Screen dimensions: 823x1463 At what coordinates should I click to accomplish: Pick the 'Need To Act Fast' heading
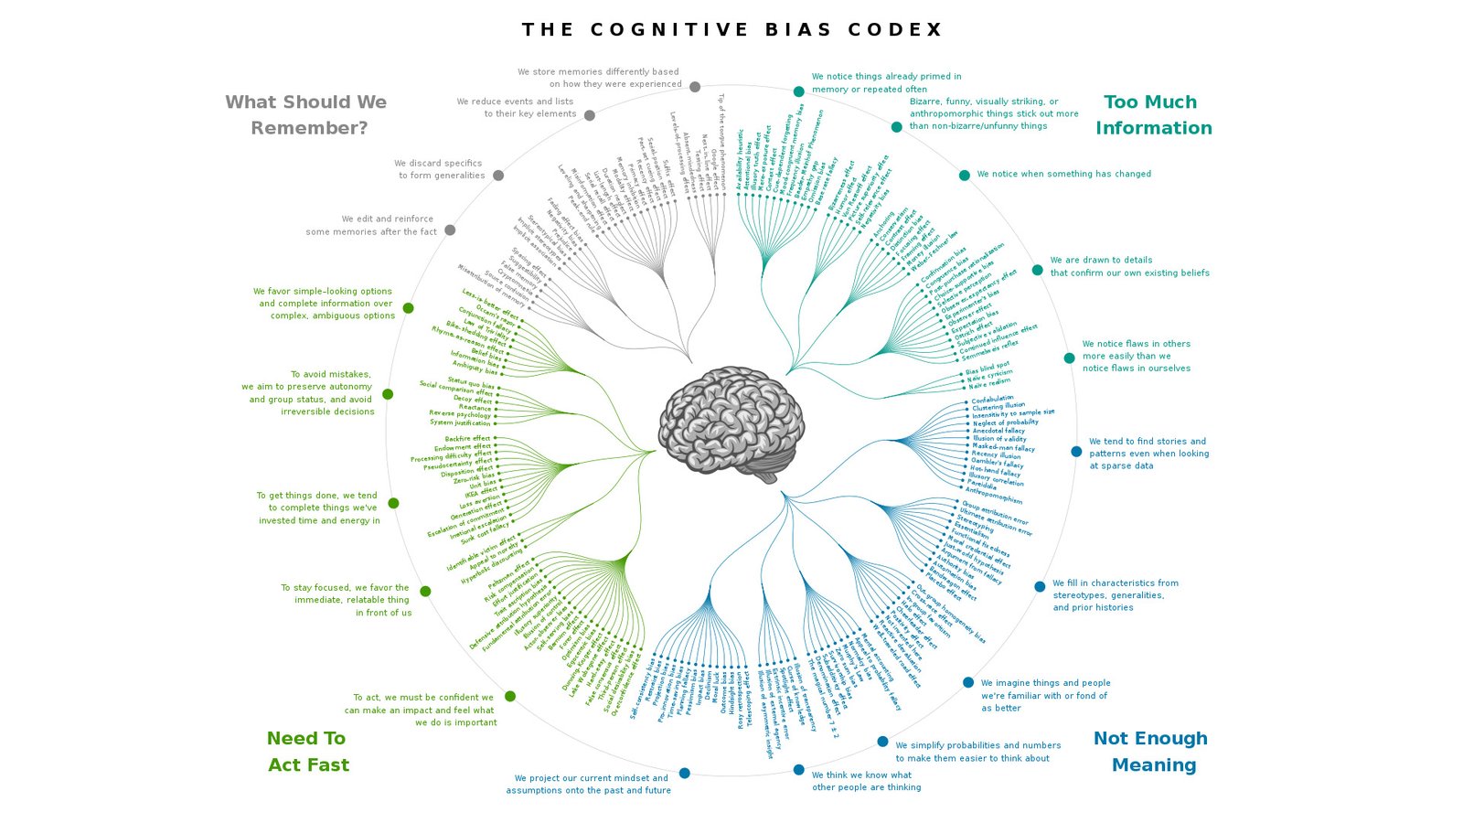(307, 752)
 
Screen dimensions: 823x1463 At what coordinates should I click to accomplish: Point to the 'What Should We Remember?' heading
(306, 115)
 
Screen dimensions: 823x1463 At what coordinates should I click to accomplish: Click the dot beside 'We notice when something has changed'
(964, 175)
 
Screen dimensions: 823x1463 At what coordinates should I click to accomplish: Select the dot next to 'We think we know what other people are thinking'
(798, 770)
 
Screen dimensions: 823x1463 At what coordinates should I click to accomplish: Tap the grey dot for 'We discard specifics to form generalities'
(498, 176)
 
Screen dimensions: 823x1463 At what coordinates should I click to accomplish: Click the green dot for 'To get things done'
(393, 503)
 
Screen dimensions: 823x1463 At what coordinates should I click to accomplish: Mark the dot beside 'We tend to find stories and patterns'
(1076, 452)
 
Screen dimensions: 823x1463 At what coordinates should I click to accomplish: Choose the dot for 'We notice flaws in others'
(1069, 358)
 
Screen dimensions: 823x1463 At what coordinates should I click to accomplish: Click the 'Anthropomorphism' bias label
(994, 496)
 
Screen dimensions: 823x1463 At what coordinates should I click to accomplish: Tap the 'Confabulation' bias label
(992, 399)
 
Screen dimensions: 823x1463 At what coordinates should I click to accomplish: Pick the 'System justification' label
(460, 422)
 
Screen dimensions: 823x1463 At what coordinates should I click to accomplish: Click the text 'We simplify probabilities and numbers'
(978, 745)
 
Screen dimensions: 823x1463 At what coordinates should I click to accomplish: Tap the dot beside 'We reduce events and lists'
(590, 115)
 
